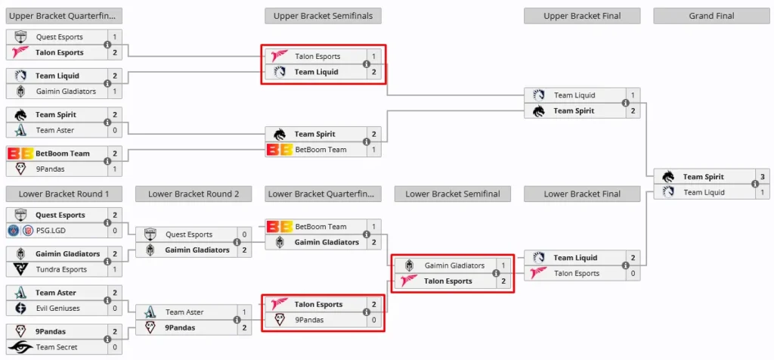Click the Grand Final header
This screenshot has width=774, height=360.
tap(711, 16)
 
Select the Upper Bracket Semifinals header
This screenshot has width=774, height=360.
tap(323, 16)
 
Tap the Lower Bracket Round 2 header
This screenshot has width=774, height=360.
tap(193, 194)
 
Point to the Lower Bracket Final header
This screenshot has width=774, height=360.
tap(582, 194)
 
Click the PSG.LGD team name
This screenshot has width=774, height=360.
tap(51, 231)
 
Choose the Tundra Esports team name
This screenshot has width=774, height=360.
tap(61, 269)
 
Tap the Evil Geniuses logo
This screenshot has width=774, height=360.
tap(20, 308)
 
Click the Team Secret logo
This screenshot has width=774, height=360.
tap(20, 347)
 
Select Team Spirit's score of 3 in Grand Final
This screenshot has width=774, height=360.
tap(762, 177)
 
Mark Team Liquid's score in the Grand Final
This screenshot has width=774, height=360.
tap(762, 192)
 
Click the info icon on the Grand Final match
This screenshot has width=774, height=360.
tap(755, 185)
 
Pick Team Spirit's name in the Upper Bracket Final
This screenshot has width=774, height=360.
tap(574, 110)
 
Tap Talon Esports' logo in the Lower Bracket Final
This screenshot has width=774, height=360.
tap(538, 273)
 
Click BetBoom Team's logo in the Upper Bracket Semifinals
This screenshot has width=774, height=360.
tap(279, 149)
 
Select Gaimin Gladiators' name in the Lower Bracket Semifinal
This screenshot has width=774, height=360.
tap(454, 265)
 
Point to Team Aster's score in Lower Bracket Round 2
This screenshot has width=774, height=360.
tap(244, 312)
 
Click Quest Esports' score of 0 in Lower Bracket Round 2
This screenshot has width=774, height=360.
tap(244, 234)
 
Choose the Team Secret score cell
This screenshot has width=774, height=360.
tap(115, 347)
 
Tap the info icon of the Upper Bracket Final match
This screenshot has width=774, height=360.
tap(625, 103)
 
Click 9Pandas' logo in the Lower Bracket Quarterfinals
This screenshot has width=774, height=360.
tap(280, 320)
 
